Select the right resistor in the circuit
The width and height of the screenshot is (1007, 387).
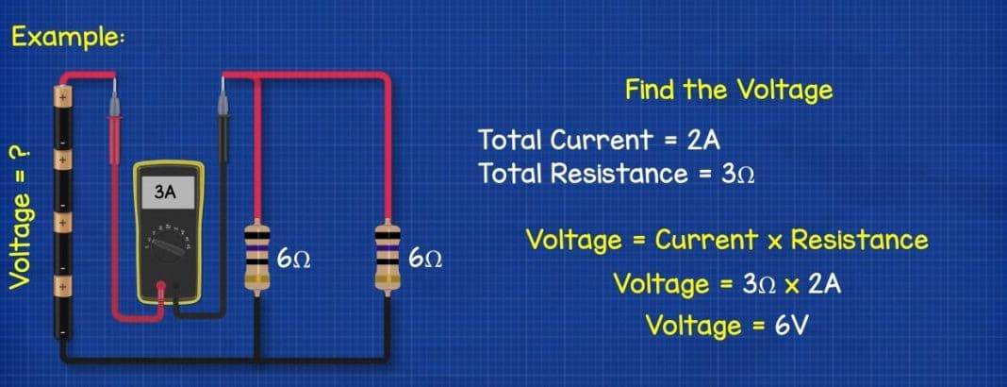(x=385, y=253)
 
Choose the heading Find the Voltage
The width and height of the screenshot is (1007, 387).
(x=728, y=90)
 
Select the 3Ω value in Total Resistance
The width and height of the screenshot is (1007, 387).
(x=741, y=174)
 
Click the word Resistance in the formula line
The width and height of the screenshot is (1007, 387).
(x=859, y=239)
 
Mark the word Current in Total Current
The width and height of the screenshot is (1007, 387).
(x=601, y=141)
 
